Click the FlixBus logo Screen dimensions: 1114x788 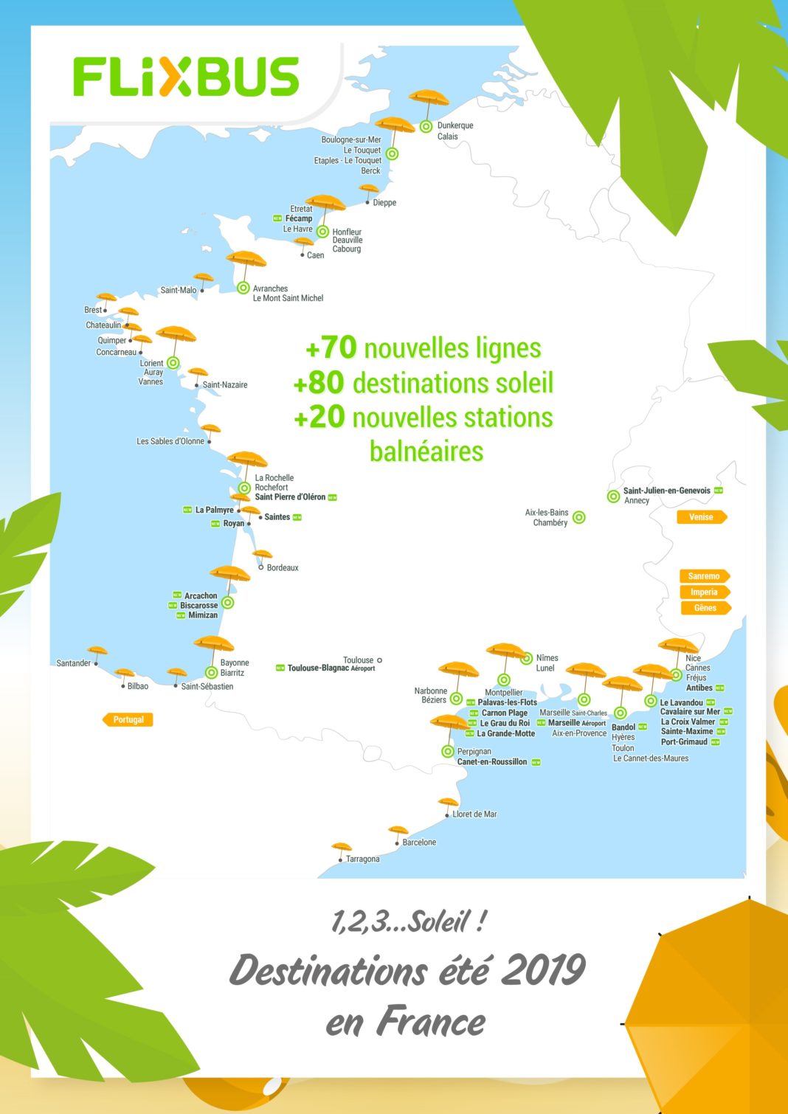coord(186,77)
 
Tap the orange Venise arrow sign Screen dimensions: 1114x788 coord(701,517)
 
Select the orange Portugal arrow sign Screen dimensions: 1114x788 coord(128,719)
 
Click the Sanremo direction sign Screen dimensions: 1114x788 coord(704,576)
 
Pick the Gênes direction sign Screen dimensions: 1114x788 coord(705,608)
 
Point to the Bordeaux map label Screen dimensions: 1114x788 coord(283,568)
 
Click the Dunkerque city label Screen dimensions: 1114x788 coord(455,125)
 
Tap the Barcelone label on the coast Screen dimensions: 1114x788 coord(419,843)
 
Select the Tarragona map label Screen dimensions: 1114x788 coord(363,859)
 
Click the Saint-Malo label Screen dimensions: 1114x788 coord(179,290)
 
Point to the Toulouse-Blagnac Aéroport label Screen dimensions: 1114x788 coord(331,668)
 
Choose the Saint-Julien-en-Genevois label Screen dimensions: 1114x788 coord(667,491)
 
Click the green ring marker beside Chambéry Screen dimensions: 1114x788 coord(579,518)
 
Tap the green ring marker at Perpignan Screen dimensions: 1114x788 coord(448,751)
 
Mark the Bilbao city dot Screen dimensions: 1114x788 coord(123,686)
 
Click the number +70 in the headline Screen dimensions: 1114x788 coord(331,347)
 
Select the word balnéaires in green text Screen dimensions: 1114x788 coord(426,452)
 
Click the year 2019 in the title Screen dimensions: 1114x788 coord(543,970)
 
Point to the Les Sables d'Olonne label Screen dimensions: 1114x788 coord(170,441)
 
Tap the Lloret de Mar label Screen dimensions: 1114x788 coord(474,814)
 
